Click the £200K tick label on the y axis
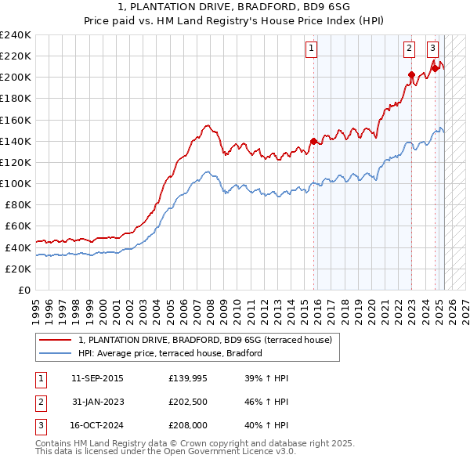click(x=16, y=78)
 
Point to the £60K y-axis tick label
click(x=18, y=226)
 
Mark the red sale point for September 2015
click(x=313, y=141)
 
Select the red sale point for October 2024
click(x=435, y=69)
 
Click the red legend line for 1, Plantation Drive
click(x=55, y=340)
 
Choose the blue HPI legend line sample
click(x=55, y=353)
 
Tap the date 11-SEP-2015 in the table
click(x=97, y=378)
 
